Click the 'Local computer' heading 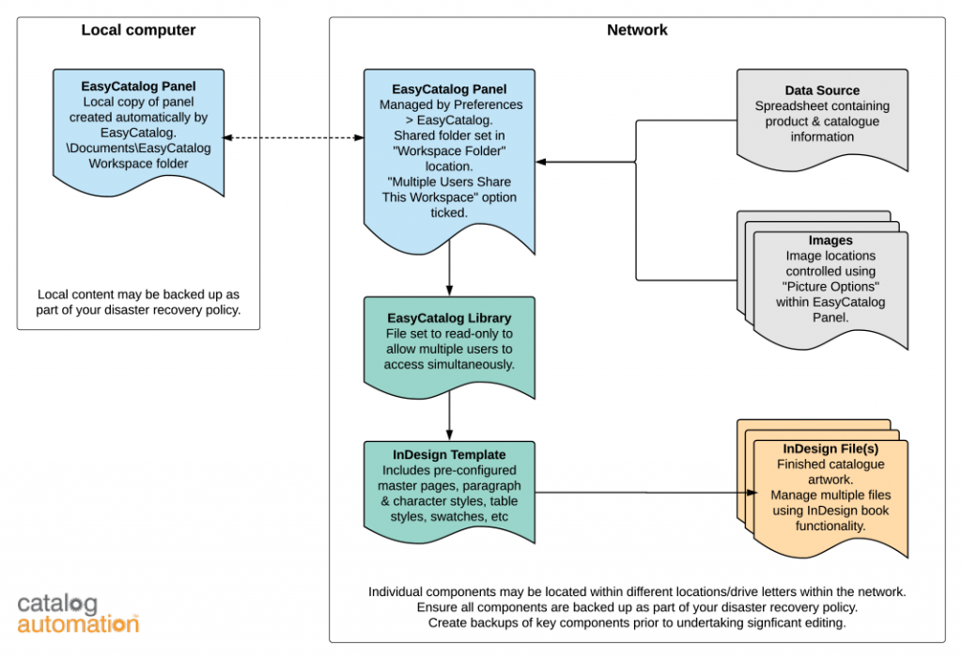[x=138, y=30]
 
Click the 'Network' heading [x=637, y=30]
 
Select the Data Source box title [x=822, y=90]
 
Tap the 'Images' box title [x=830, y=241]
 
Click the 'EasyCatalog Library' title [x=448, y=318]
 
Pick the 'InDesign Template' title [x=449, y=455]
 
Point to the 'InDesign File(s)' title [x=830, y=449]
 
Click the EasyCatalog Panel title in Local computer [x=138, y=87]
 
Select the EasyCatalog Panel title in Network [x=449, y=89]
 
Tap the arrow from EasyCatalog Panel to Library [x=450, y=268]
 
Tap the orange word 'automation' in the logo [x=77, y=623]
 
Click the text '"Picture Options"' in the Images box [x=830, y=286]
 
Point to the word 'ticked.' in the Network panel [x=449, y=212]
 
